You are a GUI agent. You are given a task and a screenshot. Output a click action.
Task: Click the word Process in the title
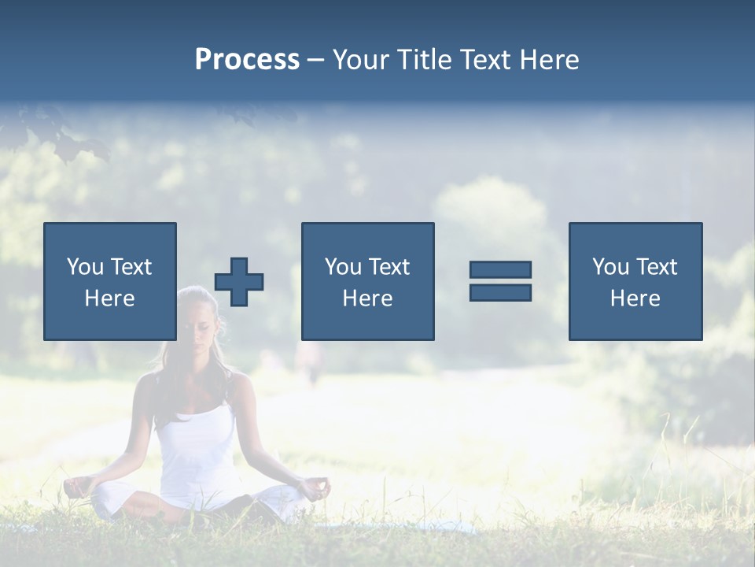[x=247, y=60]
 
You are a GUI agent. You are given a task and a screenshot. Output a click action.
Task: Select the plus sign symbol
[x=239, y=281]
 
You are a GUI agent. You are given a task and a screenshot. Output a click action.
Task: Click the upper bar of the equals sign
[x=500, y=270]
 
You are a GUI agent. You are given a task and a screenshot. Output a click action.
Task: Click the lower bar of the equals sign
[x=500, y=292]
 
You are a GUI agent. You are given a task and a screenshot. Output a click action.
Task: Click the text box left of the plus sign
[x=110, y=281]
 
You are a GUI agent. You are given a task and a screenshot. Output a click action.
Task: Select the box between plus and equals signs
[x=367, y=281]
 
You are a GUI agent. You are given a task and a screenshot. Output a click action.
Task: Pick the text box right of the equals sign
[x=635, y=281]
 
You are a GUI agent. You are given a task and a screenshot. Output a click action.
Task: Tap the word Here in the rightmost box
[x=635, y=298]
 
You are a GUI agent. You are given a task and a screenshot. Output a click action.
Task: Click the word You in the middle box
[x=343, y=267]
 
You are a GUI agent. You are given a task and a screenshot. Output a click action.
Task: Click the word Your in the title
[x=360, y=60]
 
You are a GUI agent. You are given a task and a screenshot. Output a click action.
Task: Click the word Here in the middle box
[x=367, y=298]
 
